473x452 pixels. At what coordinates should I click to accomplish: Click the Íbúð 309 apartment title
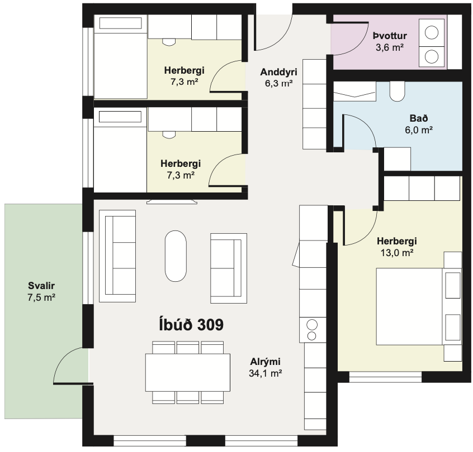tap(191, 325)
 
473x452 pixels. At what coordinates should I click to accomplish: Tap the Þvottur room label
tap(390, 36)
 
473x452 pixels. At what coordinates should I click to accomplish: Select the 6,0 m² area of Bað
tap(419, 130)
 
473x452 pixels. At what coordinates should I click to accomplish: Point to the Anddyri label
tap(278, 73)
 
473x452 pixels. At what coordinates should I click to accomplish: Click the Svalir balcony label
tap(41, 286)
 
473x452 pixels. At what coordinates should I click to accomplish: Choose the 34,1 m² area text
tap(266, 373)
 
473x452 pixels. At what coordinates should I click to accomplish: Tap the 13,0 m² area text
tap(396, 253)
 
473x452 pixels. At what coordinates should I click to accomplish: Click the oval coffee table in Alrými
tap(176, 256)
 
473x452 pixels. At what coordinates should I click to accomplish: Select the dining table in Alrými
tap(188, 373)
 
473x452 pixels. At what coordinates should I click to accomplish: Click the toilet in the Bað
tap(397, 92)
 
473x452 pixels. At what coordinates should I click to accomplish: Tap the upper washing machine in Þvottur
tap(432, 33)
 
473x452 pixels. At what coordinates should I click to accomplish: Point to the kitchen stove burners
tap(312, 330)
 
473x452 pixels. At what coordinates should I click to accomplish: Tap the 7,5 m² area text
tap(41, 297)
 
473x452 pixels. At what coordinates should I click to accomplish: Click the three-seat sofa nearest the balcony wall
tap(117, 256)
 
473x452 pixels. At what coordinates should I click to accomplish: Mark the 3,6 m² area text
tap(390, 47)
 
